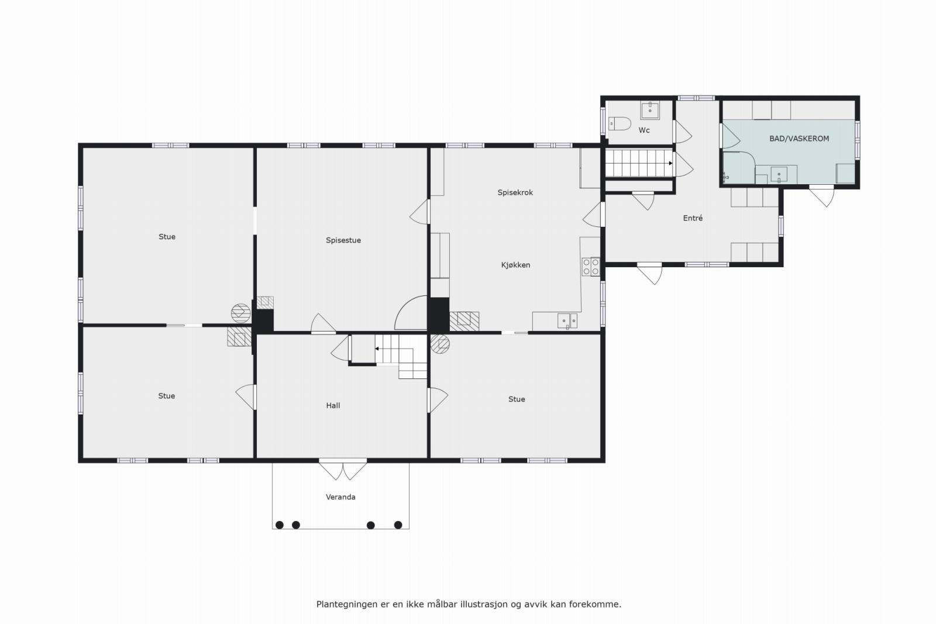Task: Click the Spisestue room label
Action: (x=343, y=240)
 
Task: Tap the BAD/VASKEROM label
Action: (x=799, y=139)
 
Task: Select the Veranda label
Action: (x=340, y=497)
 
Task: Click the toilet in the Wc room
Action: (x=620, y=124)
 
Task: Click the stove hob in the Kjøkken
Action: (x=590, y=267)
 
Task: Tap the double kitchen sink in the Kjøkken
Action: (x=567, y=320)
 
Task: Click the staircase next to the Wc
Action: (x=639, y=163)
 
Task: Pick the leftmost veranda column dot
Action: (x=280, y=525)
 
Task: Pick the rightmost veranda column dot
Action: (x=398, y=525)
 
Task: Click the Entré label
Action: (x=693, y=218)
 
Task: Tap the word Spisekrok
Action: (x=515, y=192)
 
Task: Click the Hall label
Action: (x=333, y=405)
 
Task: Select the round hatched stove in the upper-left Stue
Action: (x=240, y=313)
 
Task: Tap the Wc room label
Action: (x=644, y=130)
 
